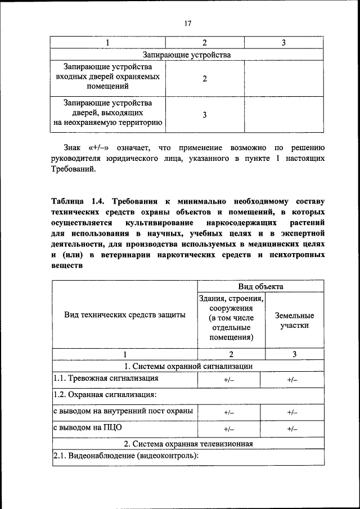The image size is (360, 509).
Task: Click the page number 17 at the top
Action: pos(188,23)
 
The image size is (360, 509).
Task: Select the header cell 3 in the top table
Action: pos(283,43)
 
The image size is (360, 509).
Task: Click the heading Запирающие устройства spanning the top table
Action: pos(187,55)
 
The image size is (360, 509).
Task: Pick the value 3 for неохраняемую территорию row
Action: pos(205,114)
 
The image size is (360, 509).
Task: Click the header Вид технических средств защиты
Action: pos(124,316)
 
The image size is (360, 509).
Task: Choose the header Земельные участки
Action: pos(294,321)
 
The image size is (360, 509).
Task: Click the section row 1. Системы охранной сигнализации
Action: pos(188,366)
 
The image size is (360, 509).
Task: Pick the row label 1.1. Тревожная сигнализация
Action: pos(102,379)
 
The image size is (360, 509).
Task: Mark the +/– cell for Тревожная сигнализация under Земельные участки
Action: pos(292,380)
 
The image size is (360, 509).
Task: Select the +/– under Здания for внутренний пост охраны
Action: pos(228,412)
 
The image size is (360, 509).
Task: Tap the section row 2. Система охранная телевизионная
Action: pos(188,443)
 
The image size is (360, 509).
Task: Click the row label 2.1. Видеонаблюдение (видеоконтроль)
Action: pos(126,456)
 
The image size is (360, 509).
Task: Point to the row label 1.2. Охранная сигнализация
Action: pos(105,395)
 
